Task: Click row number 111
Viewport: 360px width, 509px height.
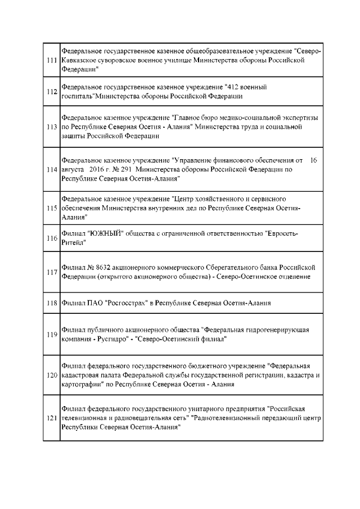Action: (52, 60)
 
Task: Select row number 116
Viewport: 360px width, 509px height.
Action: (52, 238)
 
